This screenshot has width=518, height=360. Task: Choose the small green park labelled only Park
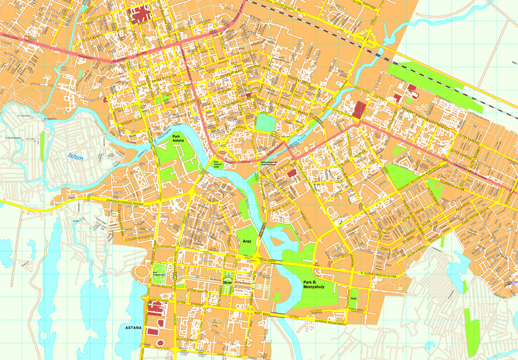tap(355, 298)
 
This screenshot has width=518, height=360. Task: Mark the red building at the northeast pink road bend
tap(360, 109)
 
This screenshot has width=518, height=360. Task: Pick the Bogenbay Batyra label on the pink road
tap(124, 58)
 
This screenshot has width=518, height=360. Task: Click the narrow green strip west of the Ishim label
tap(43, 147)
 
